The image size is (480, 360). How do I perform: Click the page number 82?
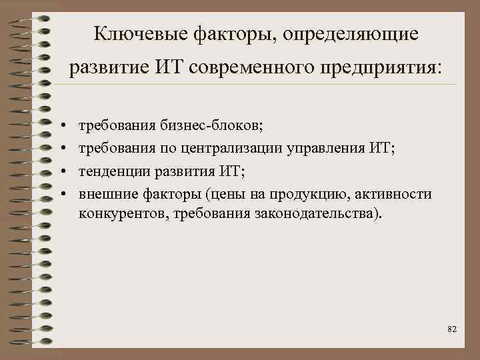[452, 329]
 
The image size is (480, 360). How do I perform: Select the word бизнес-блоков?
[211, 125]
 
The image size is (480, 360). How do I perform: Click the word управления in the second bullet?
[325, 147]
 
